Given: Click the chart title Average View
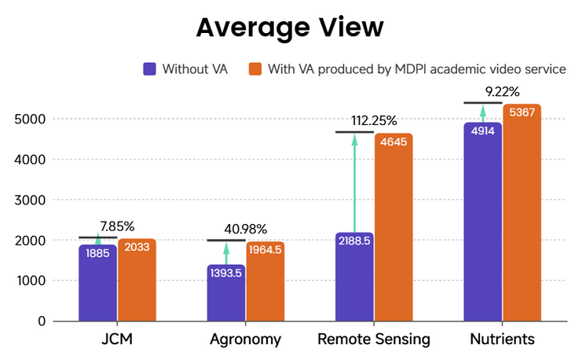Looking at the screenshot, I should coord(290,28).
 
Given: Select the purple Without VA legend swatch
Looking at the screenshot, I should coord(149,68).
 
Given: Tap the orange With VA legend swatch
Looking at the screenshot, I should coord(254,68).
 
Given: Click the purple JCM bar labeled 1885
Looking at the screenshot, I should coord(97,283).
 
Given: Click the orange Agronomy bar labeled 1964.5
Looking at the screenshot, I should coord(265,281).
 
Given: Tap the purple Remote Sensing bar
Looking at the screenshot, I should coord(354,277).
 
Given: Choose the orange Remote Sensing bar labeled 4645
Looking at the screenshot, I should coord(393,227).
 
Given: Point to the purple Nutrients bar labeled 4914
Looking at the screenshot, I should coord(482,222).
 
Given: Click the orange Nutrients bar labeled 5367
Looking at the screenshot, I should coord(522,212).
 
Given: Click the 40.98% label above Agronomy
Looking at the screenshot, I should coord(244,229).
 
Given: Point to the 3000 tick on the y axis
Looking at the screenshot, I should coord(29,200).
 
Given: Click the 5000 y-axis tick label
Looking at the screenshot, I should coord(29,119).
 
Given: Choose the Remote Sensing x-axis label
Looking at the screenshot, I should coord(374,340).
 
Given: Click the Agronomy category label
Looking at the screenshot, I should coord(245,340).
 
